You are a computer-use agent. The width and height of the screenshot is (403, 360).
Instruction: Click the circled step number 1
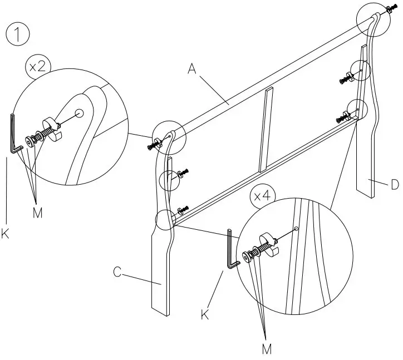pyautogui.click(x=17, y=34)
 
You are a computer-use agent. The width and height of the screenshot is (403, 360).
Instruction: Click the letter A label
pyautogui.click(x=193, y=69)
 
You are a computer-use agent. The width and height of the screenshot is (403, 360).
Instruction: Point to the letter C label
pyautogui.click(x=117, y=273)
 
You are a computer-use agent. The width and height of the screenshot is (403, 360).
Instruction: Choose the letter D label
pyautogui.click(x=395, y=185)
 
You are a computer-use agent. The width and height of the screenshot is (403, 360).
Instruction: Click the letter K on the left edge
pyautogui.click(x=6, y=234)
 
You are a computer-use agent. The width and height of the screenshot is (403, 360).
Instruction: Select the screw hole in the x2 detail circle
pyautogui.click(x=79, y=113)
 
